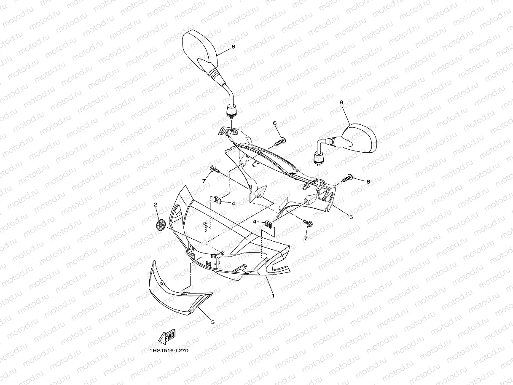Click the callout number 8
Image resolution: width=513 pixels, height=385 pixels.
233,47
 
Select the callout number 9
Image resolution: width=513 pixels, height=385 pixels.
341,102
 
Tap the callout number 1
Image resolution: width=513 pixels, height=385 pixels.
273,296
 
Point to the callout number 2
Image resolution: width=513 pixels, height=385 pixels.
155,205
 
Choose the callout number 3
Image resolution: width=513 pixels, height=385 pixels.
213,322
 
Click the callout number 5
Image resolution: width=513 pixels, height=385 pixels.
351,217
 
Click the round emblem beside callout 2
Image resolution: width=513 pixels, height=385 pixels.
161,225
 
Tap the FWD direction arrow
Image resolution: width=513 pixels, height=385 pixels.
167,337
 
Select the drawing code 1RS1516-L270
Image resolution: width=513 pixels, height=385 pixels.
169,351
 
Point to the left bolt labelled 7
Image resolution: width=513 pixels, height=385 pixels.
215,169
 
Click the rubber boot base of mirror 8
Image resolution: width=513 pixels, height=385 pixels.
231,110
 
